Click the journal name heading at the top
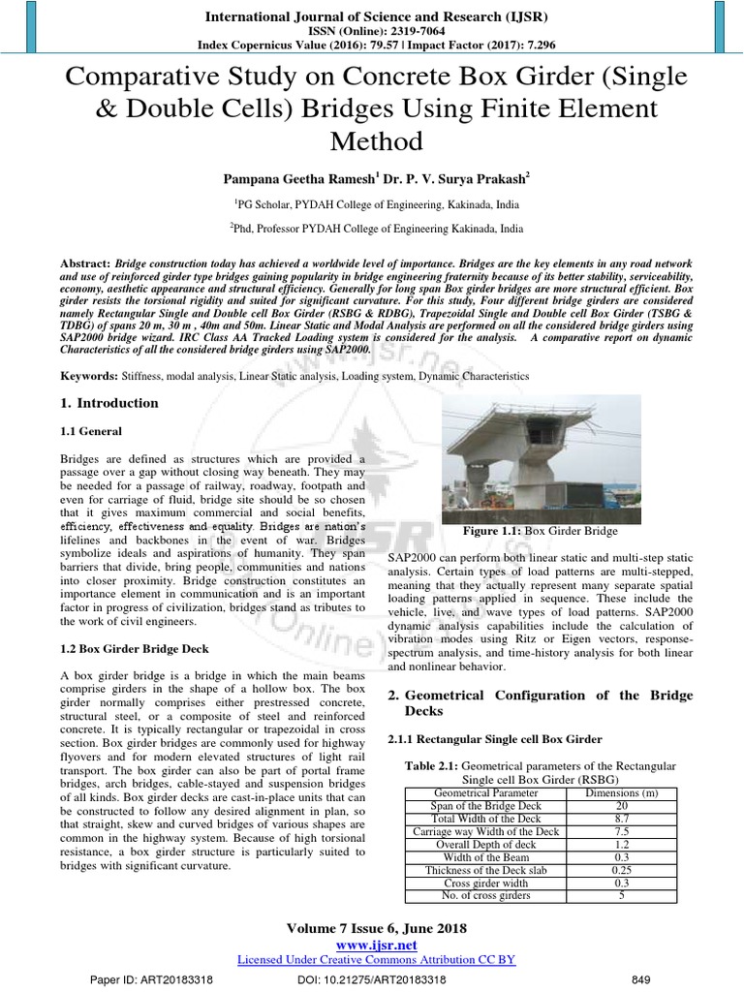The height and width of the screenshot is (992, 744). (370, 16)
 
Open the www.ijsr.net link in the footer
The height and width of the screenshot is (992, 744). (376, 945)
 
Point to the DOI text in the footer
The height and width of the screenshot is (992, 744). (372, 979)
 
